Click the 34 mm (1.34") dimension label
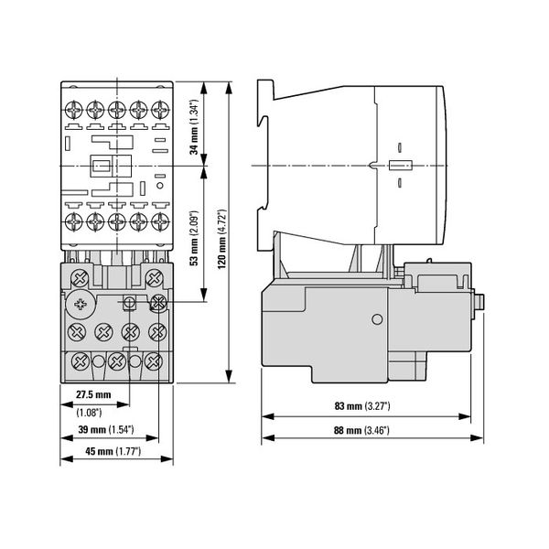(194, 127)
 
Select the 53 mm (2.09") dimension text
(194, 238)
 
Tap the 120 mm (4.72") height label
(222, 239)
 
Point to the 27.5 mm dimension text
(93, 394)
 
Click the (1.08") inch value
(89, 413)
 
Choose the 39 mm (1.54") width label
(106, 429)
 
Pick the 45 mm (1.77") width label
(113, 451)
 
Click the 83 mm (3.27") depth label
(362, 406)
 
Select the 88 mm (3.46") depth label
(361, 430)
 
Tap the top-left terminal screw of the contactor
(74, 110)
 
